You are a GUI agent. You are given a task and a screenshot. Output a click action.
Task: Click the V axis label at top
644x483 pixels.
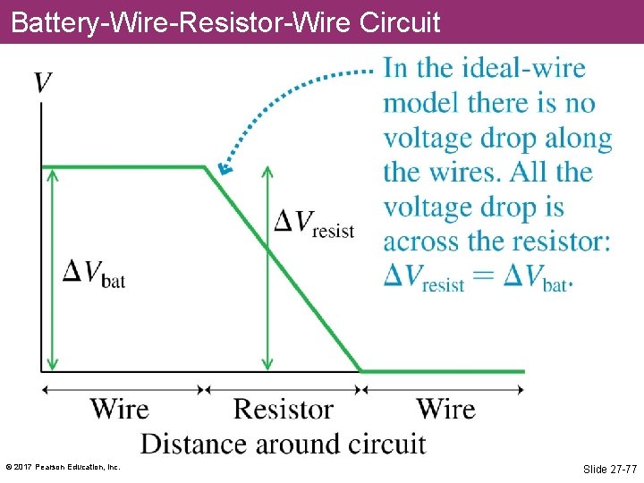[42, 83]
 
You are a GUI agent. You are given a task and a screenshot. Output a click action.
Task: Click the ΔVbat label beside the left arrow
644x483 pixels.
[93, 273]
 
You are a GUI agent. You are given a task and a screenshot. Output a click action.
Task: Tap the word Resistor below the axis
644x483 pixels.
[283, 410]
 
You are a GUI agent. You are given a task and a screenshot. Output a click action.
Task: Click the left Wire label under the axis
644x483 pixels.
[119, 410]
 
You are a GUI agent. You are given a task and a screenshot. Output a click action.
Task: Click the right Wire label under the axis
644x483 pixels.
[445, 410]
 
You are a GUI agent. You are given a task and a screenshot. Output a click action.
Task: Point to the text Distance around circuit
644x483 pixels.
[283, 444]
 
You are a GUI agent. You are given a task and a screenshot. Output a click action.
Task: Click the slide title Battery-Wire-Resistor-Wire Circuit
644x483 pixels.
[226, 21]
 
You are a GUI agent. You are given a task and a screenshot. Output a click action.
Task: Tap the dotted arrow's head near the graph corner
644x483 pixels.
[225, 167]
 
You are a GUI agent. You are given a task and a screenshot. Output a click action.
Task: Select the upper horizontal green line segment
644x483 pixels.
[125, 166]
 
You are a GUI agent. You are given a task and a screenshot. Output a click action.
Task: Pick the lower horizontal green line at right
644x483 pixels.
[443, 370]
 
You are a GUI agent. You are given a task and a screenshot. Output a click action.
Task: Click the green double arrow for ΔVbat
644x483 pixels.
[53, 268]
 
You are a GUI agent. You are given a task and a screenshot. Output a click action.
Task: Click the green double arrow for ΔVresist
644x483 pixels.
[266, 295]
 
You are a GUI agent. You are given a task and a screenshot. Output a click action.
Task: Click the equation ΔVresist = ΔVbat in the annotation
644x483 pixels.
[477, 277]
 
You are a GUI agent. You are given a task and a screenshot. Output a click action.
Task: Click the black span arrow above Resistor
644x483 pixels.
[283, 389]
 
